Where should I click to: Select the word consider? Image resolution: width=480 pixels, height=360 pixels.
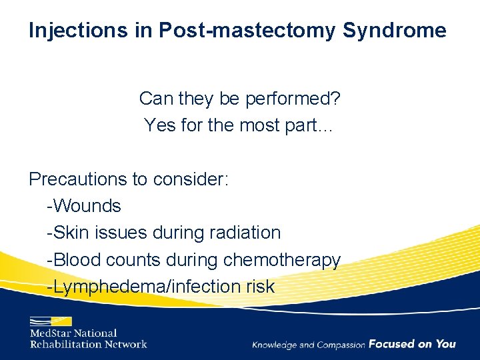[191, 179]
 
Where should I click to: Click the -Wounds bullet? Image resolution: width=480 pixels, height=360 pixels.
[84, 206]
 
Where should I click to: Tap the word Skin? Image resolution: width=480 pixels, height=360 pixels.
[68, 233]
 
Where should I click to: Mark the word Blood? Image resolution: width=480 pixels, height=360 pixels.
[72, 260]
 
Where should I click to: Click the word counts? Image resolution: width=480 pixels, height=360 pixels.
[125, 260]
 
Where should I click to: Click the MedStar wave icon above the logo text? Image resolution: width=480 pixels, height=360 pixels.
[49, 319]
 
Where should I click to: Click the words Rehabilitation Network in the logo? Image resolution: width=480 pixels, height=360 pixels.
[88, 344]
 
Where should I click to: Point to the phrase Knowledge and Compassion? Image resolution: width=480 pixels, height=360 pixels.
[309, 345]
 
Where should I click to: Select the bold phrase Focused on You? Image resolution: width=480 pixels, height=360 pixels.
[412, 344]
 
